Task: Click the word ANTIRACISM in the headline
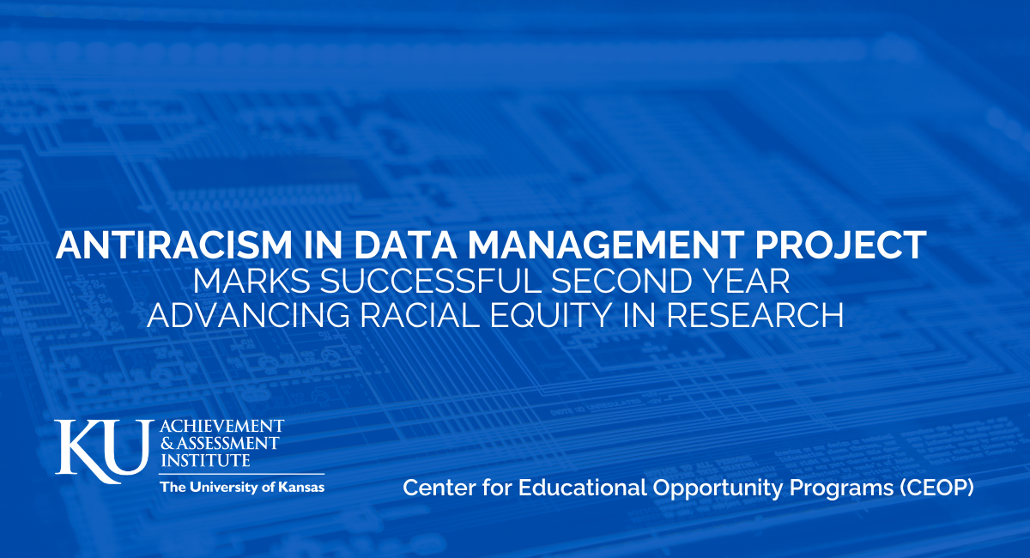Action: tap(173, 246)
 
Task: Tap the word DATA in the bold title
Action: tap(405, 246)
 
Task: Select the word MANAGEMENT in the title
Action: tap(606, 246)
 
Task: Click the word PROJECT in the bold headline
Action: tap(840, 246)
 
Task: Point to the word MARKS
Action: tap(252, 281)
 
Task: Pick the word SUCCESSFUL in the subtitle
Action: tap(431, 281)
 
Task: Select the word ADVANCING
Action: tap(249, 315)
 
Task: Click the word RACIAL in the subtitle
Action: tap(420, 315)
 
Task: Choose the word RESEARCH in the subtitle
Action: tap(755, 315)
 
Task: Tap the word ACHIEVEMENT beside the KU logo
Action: tap(221, 426)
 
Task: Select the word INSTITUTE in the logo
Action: tap(205, 460)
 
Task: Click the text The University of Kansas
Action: tap(242, 487)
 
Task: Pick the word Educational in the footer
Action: tap(583, 487)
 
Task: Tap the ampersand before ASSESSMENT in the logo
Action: tap(167, 444)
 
